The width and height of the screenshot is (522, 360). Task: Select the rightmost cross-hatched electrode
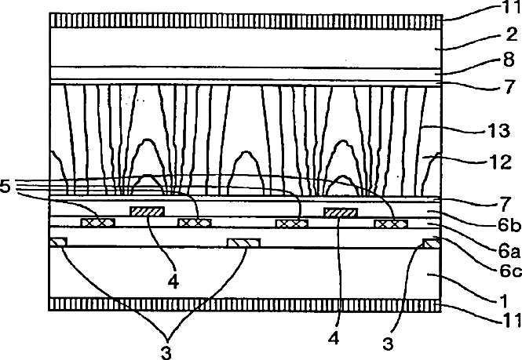tap(390, 224)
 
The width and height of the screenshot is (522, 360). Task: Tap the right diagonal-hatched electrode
tap(341, 212)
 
